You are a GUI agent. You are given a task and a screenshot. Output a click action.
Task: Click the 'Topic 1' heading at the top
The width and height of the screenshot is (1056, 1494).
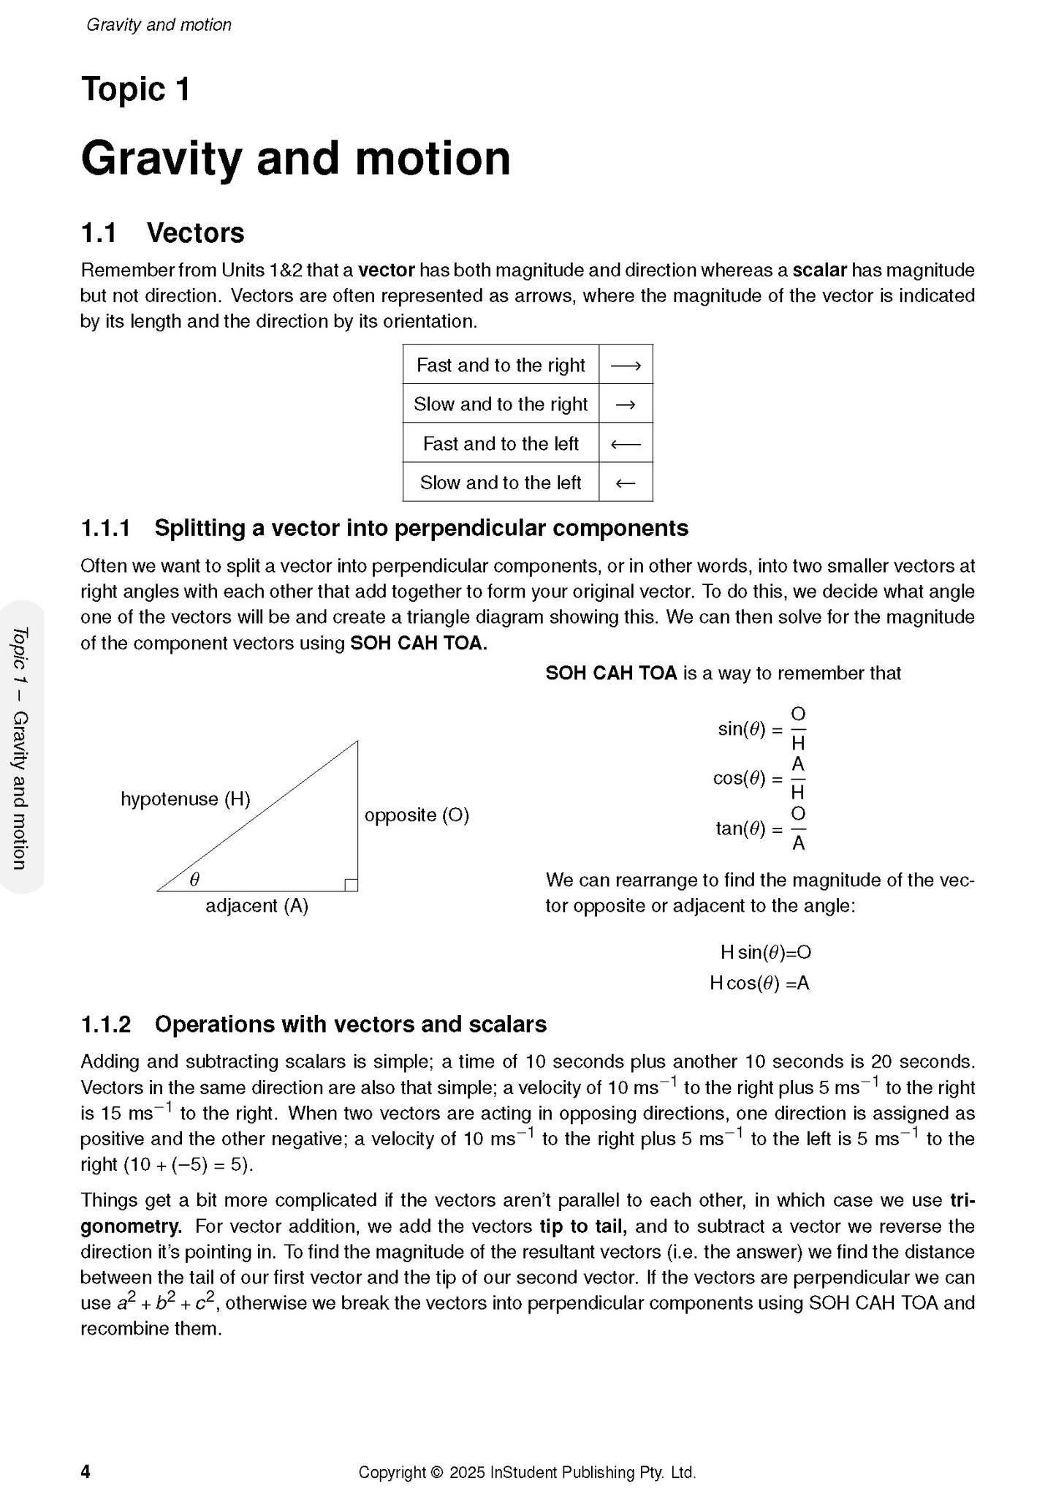pos(135,90)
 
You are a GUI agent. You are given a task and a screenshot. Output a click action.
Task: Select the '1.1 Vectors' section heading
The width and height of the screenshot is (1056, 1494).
pos(162,233)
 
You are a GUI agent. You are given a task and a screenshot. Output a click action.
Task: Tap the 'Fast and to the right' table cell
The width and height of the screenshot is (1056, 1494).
pos(501,365)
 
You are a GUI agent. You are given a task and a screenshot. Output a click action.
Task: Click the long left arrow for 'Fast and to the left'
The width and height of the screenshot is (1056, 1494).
pos(626,443)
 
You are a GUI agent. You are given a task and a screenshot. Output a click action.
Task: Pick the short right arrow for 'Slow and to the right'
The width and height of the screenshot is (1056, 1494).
pos(626,404)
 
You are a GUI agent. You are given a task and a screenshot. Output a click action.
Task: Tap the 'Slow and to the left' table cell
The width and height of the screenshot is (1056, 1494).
pos(501,483)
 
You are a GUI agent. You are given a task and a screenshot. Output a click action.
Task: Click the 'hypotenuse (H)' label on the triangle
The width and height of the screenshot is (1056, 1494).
pos(185,799)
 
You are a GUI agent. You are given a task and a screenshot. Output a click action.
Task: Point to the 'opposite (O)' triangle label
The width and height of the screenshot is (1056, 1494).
pos(417,815)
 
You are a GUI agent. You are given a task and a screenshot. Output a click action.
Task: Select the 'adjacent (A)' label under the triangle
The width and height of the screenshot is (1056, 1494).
pos(257,906)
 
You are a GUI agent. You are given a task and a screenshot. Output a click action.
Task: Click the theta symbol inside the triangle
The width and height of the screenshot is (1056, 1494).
pos(194,880)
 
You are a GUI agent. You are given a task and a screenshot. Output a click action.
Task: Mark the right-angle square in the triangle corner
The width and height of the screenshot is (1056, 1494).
pos(351,885)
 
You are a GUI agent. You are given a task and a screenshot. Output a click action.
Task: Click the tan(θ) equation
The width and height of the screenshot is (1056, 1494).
pos(760,829)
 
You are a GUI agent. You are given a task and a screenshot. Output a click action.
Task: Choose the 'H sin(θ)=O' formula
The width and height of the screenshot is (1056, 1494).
pos(765,952)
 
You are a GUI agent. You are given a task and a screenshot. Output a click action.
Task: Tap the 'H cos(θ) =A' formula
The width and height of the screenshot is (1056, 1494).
pos(759,983)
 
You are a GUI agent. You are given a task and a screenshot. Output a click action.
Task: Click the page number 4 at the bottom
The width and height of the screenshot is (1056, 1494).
pos(86,1471)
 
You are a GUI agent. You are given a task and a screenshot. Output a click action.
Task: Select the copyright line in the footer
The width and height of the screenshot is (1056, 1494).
pos(527,1472)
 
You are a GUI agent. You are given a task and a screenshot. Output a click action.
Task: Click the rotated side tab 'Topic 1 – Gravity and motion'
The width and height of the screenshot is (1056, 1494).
pos(20,747)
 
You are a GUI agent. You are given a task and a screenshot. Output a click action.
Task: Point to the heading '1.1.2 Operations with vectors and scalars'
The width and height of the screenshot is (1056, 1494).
pos(314,1024)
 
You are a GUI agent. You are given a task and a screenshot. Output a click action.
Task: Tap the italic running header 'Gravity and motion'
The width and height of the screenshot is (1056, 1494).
pos(159,25)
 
